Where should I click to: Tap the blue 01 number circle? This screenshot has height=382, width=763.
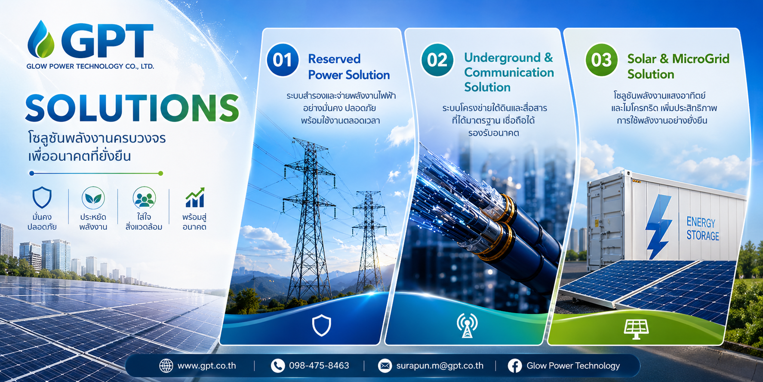point(283,60)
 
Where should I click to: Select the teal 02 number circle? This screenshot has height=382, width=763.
point(437,60)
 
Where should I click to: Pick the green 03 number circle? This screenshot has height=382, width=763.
point(601,60)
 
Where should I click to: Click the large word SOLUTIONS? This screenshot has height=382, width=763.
point(132,108)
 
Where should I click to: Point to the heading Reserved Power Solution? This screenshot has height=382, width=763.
point(349,67)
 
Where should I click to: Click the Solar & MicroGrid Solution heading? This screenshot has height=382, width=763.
point(678,66)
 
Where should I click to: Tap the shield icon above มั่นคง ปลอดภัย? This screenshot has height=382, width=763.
point(42,198)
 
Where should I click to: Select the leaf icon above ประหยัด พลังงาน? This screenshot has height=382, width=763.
point(93,198)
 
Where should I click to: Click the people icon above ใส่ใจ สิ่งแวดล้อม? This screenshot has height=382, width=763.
point(144,198)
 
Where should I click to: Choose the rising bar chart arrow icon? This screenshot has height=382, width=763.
point(195,198)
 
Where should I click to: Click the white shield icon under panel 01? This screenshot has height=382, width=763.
point(321,325)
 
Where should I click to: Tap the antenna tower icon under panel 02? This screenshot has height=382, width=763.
point(467,325)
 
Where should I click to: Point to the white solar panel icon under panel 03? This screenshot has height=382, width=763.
point(636,329)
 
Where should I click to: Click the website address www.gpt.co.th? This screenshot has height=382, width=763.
point(206,366)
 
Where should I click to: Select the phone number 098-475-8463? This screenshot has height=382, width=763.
point(319,366)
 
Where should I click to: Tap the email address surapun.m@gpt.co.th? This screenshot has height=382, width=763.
point(440,366)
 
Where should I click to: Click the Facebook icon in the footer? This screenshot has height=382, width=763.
point(515,366)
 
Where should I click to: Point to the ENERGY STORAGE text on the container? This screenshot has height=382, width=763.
point(702,229)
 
